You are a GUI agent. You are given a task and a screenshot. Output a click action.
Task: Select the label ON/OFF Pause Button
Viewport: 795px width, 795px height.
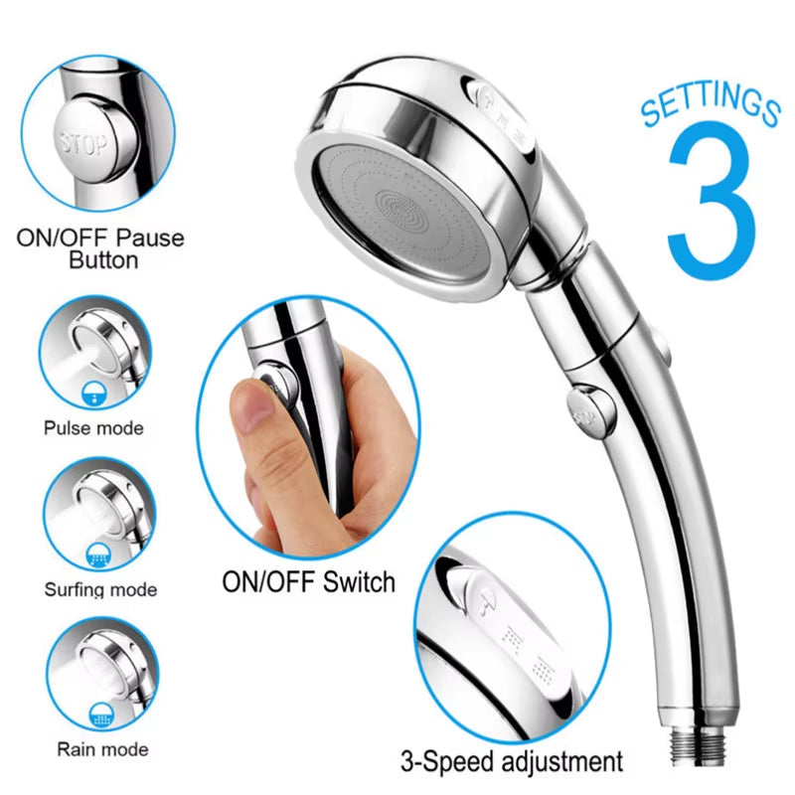click(100, 249)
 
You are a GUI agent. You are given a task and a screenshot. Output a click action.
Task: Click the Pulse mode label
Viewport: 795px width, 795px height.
click(93, 428)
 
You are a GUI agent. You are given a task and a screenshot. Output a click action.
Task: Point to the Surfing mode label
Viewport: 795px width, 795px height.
click(100, 589)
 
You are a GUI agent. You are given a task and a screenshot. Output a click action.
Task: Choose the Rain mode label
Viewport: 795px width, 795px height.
click(102, 748)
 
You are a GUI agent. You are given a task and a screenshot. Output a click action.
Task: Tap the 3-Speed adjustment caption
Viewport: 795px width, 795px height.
click(513, 762)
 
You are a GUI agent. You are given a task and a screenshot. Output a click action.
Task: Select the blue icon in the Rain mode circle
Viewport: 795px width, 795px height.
click(98, 712)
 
